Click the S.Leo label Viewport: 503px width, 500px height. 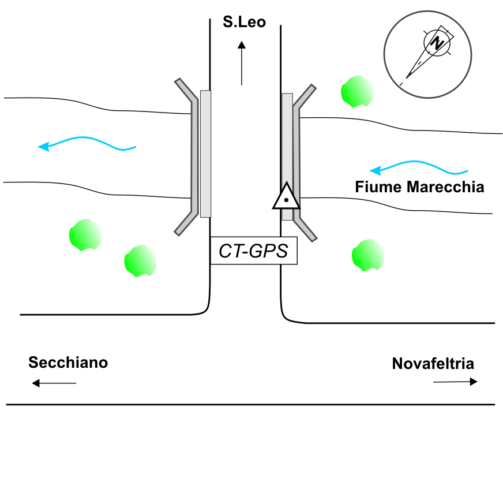click(245, 22)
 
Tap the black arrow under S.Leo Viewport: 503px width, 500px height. click(242, 64)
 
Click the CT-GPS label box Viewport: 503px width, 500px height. click(254, 251)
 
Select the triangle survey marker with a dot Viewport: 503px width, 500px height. click(286, 196)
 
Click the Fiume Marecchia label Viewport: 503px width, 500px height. click(419, 187)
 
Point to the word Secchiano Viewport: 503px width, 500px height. click(68, 363)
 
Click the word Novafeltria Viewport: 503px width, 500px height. click(433, 364)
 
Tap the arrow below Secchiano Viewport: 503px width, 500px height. click(54, 383)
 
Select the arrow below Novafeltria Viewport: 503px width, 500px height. click(456, 382)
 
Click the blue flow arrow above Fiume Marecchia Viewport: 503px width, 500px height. click(419, 167)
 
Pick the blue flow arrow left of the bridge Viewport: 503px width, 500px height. click(87, 144)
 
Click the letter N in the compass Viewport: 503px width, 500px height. click(437, 43)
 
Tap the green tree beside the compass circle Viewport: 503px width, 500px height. click(357, 91)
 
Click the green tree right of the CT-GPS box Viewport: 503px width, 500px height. click(368, 255)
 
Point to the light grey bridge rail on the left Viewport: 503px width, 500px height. click(205, 154)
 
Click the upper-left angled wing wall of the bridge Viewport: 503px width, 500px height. click(186, 90)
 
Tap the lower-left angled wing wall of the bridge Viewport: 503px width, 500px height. click(186, 223)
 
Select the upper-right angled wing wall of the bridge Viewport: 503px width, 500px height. click(305, 96)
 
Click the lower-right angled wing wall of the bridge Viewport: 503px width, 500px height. click(305, 229)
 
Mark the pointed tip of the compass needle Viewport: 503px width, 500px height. click(407, 78)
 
